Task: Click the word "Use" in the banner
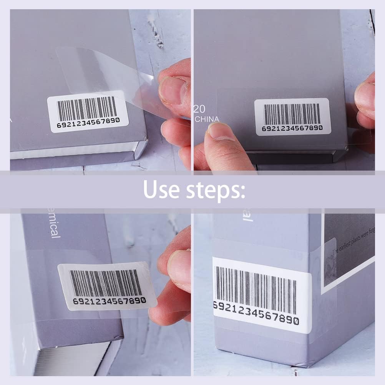(x=161, y=189)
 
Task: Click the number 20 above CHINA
(x=200, y=108)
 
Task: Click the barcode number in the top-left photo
(x=88, y=125)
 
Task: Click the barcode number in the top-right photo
(x=292, y=128)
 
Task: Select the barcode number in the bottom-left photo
(x=109, y=301)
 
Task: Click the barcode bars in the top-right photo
(x=292, y=114)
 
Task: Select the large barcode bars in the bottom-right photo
(x=256, y=284)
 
